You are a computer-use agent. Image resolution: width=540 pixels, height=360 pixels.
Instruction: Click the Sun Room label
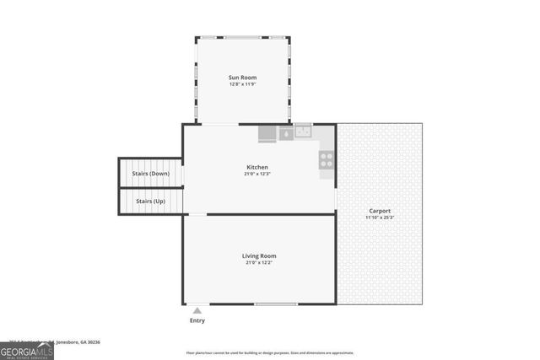[242, 78]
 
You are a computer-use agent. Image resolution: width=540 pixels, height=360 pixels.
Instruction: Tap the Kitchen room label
[256, 167]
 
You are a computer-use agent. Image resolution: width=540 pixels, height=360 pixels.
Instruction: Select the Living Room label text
[259, 255]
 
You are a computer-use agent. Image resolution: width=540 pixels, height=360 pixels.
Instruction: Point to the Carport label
[380, 211]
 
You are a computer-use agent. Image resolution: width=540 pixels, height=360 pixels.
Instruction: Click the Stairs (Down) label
[151, 174]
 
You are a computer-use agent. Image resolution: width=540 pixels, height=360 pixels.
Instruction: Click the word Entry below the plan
[197, 320]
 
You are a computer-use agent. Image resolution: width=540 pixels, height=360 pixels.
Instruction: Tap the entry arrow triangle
[197, 311]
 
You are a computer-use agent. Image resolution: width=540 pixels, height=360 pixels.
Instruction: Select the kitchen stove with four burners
[327, 159]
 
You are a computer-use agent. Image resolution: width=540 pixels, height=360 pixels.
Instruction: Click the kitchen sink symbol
[303, 132]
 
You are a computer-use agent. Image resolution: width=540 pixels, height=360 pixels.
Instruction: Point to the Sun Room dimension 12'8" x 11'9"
[242, 84]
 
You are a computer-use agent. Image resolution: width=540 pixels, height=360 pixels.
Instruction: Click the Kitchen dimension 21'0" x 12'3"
[256, 174]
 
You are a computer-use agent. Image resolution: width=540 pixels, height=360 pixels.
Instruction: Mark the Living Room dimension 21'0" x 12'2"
[259, 262]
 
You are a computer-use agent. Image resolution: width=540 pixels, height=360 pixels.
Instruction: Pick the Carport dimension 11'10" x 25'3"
[380, 218]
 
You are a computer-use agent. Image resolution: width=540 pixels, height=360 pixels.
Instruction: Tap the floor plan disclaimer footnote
[270, 352]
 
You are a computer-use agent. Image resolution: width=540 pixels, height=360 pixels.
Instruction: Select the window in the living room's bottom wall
[277, 304]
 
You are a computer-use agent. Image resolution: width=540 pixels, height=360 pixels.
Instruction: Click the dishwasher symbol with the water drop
[285, 132]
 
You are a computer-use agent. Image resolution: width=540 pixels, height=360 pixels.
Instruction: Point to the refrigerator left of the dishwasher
[267, 133]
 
